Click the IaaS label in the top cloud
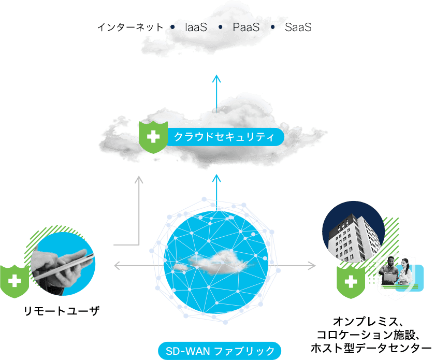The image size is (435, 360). (x=196, y=27)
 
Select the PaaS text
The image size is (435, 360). (x=246, y=27)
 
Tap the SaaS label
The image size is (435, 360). (x=298, y=27)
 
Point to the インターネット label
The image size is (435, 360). (x=130, y=27)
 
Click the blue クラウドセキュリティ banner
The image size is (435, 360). (x=225, y=137)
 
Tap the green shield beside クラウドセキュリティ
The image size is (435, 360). (x=153, y=137)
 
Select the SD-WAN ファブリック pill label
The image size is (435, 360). (x=220, y=351)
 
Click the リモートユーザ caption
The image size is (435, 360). (x=61, y=311)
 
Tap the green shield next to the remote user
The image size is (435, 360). (x=15, y=281)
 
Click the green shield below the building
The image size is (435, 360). (x=351, y=282)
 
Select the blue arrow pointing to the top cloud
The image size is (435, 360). (x=216, y=94)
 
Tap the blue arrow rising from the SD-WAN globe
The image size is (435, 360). (x=216, y=192)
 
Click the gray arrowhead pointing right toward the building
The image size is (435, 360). (x=312, y=266)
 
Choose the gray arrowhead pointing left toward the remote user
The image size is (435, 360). (x=118, y=266)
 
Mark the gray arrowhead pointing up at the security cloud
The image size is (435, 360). (x=139, y=180)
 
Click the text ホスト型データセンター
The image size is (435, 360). (x=371, y=348)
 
